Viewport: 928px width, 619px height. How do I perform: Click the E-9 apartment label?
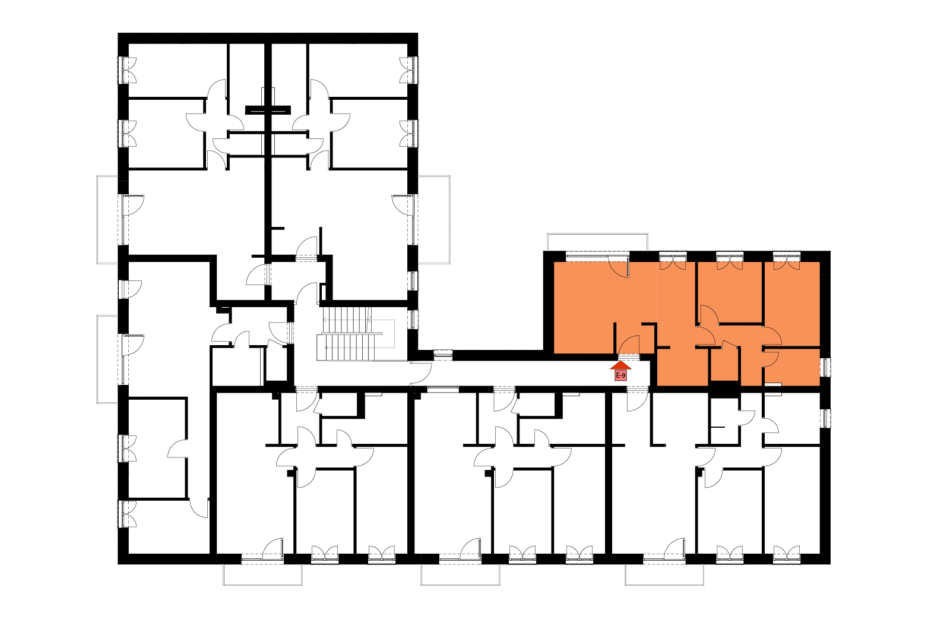point(620,375)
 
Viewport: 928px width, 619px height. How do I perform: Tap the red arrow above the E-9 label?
point(620,365)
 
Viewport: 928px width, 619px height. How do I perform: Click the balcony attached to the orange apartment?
point(597,242)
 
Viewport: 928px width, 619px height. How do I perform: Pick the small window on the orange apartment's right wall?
point(825,367)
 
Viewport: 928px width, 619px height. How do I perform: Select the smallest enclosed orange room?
point(724,364)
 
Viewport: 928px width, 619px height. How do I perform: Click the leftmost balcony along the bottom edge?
point(262,574)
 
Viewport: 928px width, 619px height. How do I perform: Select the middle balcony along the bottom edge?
point(460,574)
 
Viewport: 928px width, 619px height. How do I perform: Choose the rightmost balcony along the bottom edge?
point(664,574)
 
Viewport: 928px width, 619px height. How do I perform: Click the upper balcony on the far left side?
point(107,220)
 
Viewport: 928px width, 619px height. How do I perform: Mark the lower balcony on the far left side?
point(107,359)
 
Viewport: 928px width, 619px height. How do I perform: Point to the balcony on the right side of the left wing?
point(434,220)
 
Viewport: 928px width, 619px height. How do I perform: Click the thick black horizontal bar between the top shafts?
point(268,110)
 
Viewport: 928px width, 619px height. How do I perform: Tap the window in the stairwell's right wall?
point(413,319)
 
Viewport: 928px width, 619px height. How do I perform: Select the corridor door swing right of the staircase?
point(421,372)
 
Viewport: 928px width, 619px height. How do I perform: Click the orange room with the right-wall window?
point(792,367)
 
